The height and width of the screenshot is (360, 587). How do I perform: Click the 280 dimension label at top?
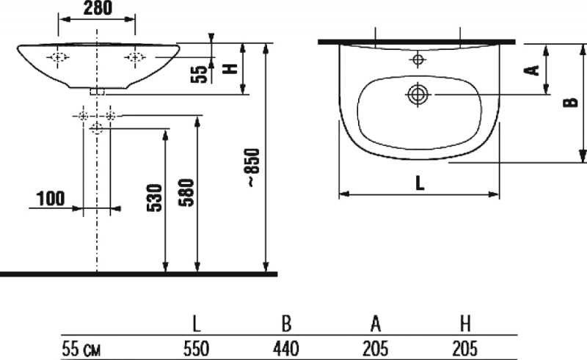[98, 8]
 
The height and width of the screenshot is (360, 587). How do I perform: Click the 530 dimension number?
[155, 197]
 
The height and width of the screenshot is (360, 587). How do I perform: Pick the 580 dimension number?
[186, 193]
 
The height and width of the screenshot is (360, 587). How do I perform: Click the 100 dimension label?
[51, 199]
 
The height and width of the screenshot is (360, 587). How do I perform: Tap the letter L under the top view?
[420, 183]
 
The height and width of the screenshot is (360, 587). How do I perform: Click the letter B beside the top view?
[571, 102]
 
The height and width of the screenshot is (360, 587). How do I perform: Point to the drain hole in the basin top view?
[418, 95]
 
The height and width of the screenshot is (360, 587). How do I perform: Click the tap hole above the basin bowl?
[418, 59]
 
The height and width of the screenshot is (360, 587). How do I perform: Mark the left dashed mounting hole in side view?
[58, 57]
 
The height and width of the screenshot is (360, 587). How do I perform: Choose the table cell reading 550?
[196, 349]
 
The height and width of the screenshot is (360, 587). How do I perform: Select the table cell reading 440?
[285, 349]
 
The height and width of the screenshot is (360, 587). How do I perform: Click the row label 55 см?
[81, 349]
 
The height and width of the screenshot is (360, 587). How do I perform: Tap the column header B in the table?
[286, 324]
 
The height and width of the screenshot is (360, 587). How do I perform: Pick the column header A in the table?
[376, 324]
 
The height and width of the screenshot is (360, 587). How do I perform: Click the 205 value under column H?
[465, 349]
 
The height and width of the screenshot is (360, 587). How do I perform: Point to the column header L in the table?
[197, 324]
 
